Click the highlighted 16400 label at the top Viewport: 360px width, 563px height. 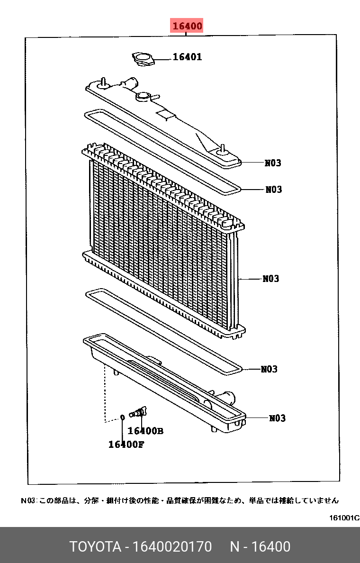pyautogui.click(x=187, y=26)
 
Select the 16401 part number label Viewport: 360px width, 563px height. pyautogui.click(x=188, y=57)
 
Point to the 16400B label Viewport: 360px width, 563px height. pyautogui.click(x=145, y=430)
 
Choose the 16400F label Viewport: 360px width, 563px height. pyautogui.click(x=126, y=444)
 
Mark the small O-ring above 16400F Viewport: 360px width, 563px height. pyautogui.click(x=122, y=417)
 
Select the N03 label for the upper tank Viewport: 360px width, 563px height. pyautogui.click(x=273, y=163)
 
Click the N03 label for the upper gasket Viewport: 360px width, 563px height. pyautogui.click(x=273, y=189)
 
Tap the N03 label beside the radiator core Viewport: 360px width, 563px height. pyautogui.click(x=270, y=279)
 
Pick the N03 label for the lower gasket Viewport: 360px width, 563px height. pyautogui.click(x=269, y=369)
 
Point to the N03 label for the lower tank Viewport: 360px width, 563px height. pyautogui.click(x=277, y=418)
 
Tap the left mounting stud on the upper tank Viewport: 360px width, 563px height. pyautogui.click(x=103, y=82)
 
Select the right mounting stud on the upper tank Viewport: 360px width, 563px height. pyautogui.click(x=222, y=148)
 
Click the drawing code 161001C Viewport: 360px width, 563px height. pyautogui.click(x=344, y=518)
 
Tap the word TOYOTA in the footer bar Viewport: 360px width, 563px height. pyautogui.click(x=95, y=546)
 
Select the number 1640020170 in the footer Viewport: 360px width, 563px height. pyautogui.click(x=172, y=546)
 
